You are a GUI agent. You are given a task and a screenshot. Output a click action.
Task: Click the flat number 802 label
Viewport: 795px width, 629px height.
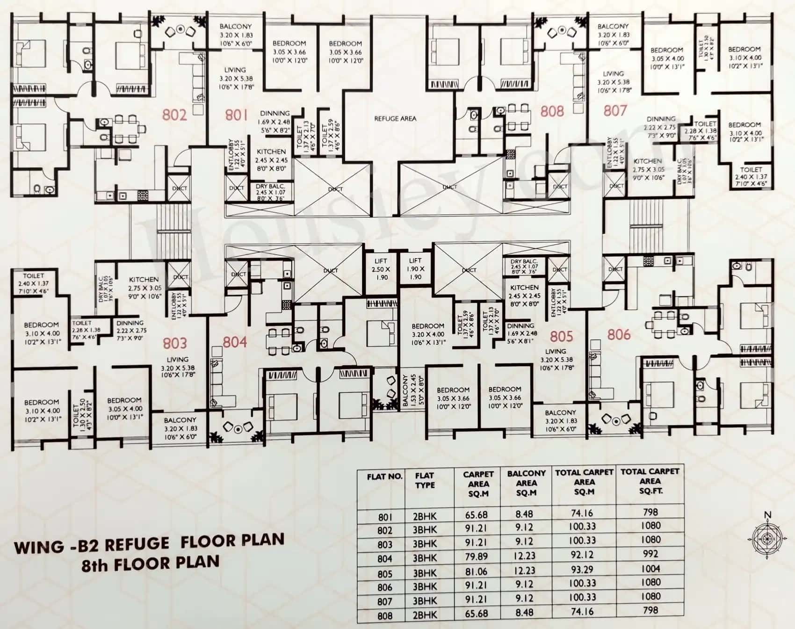tap(174, 115)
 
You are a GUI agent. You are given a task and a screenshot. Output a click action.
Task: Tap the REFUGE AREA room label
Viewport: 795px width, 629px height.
tap(395, 119)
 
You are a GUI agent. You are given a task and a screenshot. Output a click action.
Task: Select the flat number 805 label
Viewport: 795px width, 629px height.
tap(561, 336)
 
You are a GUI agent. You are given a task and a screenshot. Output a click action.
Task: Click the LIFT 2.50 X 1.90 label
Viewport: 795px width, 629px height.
tap(381, 269)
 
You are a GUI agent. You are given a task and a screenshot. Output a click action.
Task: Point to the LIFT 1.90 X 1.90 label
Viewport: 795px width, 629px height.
tap(415, 268)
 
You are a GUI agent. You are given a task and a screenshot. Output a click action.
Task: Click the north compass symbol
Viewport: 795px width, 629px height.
tap(767, 538)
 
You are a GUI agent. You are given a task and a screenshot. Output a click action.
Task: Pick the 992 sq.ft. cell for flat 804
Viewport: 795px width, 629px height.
tap(650, 554)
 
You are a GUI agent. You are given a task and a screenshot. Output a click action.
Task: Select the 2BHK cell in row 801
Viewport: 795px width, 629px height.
tap(425, 517)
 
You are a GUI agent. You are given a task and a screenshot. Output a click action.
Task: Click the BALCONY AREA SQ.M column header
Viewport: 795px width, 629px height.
tap(526, 483)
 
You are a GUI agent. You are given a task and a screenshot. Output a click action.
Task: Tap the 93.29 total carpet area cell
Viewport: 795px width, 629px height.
tap(582, 569)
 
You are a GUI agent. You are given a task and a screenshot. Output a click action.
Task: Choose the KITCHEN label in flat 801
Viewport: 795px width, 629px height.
tap(271, 152)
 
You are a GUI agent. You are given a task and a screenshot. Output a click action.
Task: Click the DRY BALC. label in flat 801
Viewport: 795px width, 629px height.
tap(270, 186)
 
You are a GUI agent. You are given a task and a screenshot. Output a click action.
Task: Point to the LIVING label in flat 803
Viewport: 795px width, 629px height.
tap(178, 359)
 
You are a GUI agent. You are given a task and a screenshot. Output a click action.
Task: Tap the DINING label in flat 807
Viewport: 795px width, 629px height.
tap(661, 119)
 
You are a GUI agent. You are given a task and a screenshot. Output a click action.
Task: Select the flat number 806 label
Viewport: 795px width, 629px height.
tap(619, 334)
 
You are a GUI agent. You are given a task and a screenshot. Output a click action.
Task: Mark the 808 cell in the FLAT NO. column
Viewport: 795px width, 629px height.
tap(385, 616)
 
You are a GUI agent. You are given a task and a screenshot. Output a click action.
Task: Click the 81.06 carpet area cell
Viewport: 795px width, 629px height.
tap(476, 572)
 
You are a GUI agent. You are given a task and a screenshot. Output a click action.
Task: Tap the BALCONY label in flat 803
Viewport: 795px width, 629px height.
tap(180, 420)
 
